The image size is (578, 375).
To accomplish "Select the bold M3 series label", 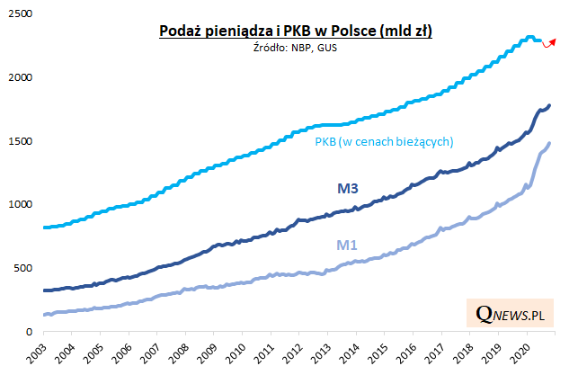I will [x=349, y=188].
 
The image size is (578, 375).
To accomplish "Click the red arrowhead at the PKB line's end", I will [x=553, y=40].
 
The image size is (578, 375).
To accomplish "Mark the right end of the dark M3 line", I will [x=550, y=106].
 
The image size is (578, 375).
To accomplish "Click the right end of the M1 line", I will [x=550, y=143].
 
